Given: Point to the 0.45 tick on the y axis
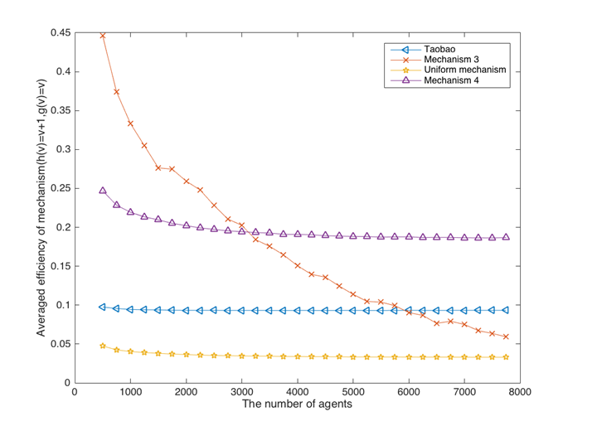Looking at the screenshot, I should (58, 33).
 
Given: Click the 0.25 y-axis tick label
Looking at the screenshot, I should (58, 188).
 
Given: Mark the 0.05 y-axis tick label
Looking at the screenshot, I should (58, 344).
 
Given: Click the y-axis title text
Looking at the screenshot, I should (40, 207).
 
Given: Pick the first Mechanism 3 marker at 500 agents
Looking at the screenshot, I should (103, 36).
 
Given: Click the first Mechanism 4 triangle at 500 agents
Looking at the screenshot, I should (103, 191).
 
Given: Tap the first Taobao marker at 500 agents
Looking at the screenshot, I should (103, 307).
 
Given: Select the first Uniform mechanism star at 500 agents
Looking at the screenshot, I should (103, 346).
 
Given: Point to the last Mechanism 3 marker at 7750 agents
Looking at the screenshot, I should (506, 337).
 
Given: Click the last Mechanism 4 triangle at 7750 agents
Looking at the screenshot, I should (506, 237).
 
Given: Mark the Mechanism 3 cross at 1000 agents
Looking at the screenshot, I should (130, 123).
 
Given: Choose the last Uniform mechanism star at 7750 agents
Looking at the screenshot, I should (506, 357).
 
